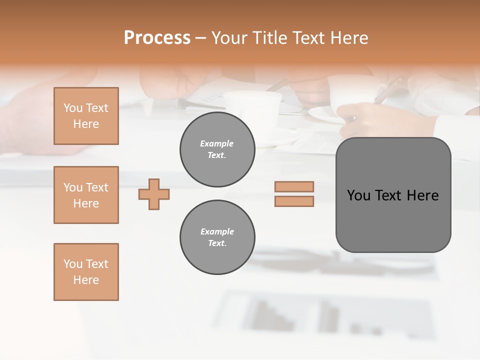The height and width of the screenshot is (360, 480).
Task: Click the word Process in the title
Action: pyautogui.click(x=157, y=38)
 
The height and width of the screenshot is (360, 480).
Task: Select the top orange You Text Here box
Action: pyautogui.click(x=86, y=116)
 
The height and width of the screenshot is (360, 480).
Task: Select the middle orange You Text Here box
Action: pyautogui.click(x=86, y=195)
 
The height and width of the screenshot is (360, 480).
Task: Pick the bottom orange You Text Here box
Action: pyautogui.click(x=86, y=272)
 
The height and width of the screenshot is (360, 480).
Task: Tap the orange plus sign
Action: pyautogui.click(x=154, y=194)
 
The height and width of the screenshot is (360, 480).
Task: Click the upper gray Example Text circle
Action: pyautogui.click(x=217, y=149)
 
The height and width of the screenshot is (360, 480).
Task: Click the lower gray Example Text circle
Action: pyautogui.click(x=217, y=237)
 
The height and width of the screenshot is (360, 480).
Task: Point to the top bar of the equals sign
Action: pyautogui.click(x=294, y=186)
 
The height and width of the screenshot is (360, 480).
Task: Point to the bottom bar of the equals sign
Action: pyautogui.click(x=294, y=201)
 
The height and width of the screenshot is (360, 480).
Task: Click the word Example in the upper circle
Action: pyautogui.click(x=217, y=143)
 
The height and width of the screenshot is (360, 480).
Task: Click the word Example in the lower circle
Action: pyautogui.click(x=217, y=231)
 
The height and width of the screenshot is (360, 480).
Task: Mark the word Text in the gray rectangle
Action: pyautogui.click(x=389, y=195)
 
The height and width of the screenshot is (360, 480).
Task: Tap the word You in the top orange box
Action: pyautogui.click(x=72, y=108)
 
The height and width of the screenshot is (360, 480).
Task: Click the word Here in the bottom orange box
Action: pyautogui.click(x=86, y=280)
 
